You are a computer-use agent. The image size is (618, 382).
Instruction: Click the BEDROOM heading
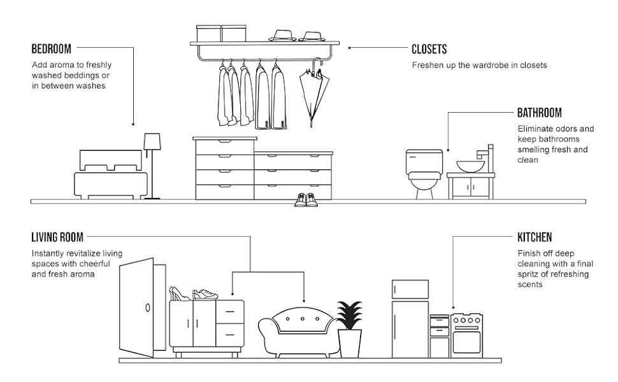pos(51,49)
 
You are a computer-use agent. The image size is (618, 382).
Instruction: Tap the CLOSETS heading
pos(429,49)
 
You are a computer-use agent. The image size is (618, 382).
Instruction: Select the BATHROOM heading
pos(539,113)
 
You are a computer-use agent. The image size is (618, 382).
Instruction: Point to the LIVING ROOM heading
pos(57,237)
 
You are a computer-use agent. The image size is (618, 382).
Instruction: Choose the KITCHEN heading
pos(535,237)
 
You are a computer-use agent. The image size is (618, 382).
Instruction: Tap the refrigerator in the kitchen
pos(410,318)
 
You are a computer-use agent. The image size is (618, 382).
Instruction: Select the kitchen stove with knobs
pos(467,335)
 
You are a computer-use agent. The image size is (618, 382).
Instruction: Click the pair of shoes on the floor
pos(306,200)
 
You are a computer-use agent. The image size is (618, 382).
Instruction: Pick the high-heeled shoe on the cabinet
pos(179,293)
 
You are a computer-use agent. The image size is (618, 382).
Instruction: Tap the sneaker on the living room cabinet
pos(205,294)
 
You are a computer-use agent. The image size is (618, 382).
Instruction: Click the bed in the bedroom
pos(111,175)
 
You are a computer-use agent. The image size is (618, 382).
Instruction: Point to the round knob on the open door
pos(148,307)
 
